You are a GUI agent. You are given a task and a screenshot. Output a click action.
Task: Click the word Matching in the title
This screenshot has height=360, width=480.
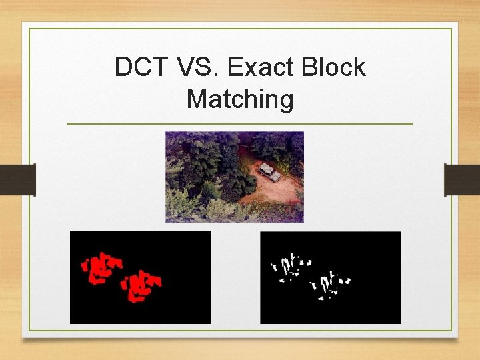240,99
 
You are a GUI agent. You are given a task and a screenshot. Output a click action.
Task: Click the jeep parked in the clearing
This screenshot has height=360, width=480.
269,172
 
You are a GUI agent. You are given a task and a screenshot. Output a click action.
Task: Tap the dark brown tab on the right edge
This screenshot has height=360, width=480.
461,180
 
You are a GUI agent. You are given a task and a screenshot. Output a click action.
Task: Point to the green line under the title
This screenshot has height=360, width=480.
240,124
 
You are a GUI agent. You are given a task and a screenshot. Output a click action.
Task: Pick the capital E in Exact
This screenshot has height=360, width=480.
234,67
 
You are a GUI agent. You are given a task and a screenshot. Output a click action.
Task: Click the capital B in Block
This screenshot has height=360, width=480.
311,67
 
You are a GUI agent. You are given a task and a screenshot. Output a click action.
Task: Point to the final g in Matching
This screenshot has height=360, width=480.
286,101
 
